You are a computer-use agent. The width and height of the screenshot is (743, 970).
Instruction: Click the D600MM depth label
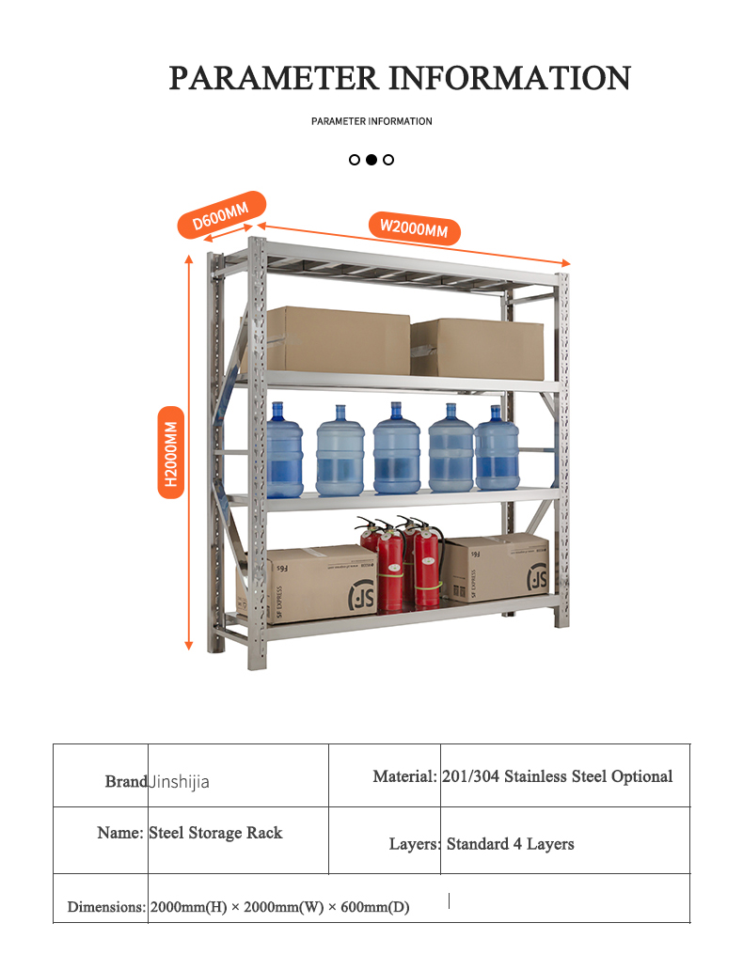click(221, 215)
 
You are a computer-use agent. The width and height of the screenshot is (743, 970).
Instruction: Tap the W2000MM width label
click(414, 227)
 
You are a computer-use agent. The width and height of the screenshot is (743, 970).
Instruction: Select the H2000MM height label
click(171, 452)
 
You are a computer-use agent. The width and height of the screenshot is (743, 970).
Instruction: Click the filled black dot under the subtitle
click(371, 160)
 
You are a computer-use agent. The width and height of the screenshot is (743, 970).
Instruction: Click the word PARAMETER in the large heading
click(273, 78)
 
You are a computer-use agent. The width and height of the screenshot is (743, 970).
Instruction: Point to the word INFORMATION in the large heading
click(510, 78)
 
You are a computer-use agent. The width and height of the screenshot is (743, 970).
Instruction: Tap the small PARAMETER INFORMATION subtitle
click(371, 121)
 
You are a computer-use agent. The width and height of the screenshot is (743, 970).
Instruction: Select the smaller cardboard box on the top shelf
click(478, 348)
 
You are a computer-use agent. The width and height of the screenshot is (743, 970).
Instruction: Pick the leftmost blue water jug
click(284, 451)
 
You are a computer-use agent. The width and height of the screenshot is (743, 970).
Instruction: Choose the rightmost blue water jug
click(497, 448)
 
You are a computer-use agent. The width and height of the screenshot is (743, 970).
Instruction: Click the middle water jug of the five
click(396, 449)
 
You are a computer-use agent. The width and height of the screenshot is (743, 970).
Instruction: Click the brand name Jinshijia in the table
click(180, 782)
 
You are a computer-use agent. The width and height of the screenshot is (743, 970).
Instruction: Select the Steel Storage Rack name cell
click(215, 833)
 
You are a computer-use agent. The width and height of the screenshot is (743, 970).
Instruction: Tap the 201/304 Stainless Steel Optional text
click(558, 776)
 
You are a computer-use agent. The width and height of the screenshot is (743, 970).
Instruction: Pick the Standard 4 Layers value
click(510, 844)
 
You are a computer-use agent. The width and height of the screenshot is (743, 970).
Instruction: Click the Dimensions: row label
click(106, 907)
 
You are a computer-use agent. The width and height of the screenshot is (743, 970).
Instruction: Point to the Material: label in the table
click(404, 776)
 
